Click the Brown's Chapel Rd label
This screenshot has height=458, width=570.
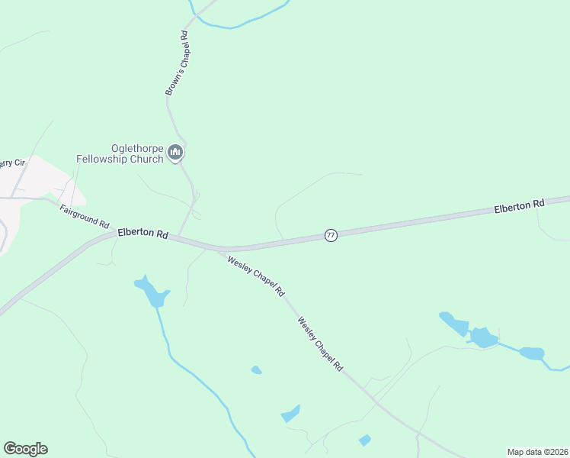click(x=176, y=63)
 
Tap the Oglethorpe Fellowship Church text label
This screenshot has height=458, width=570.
click(x=120, y=153)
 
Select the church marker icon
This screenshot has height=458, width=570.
click(x=176, y=153)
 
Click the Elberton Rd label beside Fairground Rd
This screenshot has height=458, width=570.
click(x=142, y=234)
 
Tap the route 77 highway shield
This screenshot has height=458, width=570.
click(x=330, y=235)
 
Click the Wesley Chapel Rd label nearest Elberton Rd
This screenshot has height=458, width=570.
click(x=255, y=275)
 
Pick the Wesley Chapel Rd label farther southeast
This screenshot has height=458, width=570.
click(x=320, y=344)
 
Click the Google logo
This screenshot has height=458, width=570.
click(x=25, y=448)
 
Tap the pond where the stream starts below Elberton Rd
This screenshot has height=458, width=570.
click(x=152, y=292)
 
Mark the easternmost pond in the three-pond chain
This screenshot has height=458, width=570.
click(x=531, y=353)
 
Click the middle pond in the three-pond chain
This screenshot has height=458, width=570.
click(x=482, y=337)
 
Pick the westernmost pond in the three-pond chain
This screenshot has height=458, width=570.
click(x=454, y=324)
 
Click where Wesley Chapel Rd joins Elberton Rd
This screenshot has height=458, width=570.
click(x=221, y=249)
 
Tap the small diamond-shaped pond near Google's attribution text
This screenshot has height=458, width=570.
click(x=364, y=440)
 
